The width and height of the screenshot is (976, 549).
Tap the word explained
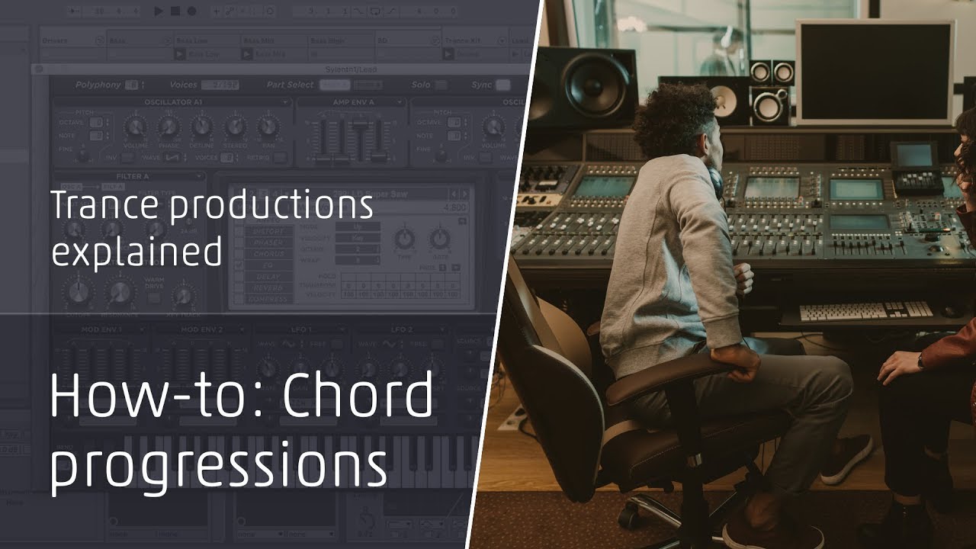(x=136, y=252)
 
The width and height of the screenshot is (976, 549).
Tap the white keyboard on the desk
(x=866, y=311)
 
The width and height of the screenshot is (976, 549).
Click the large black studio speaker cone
(x=599, y=83)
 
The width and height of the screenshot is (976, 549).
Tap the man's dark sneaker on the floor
(x=846, y=458)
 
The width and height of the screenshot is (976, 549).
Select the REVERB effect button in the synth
(x=268, y=288)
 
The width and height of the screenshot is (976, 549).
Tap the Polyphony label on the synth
(x=98, y=85)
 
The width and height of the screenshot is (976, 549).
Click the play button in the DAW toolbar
(x=159, y=11)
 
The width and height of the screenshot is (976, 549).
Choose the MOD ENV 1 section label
(x=99, y=329)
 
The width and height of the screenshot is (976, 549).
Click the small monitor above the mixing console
(x=915, y=156)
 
